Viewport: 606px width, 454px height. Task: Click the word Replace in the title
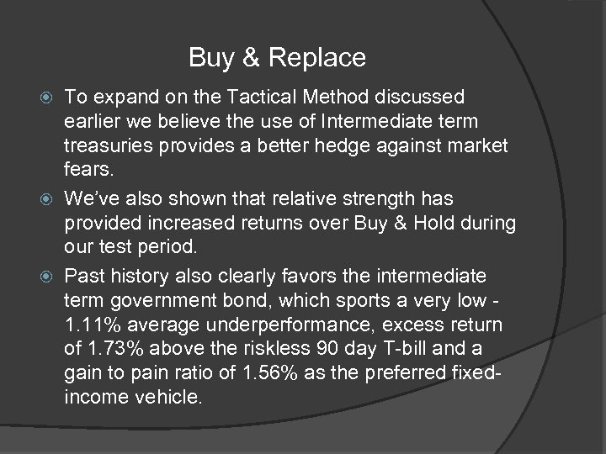click(320, 58)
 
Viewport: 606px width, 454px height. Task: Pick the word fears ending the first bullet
click(88, 169)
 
